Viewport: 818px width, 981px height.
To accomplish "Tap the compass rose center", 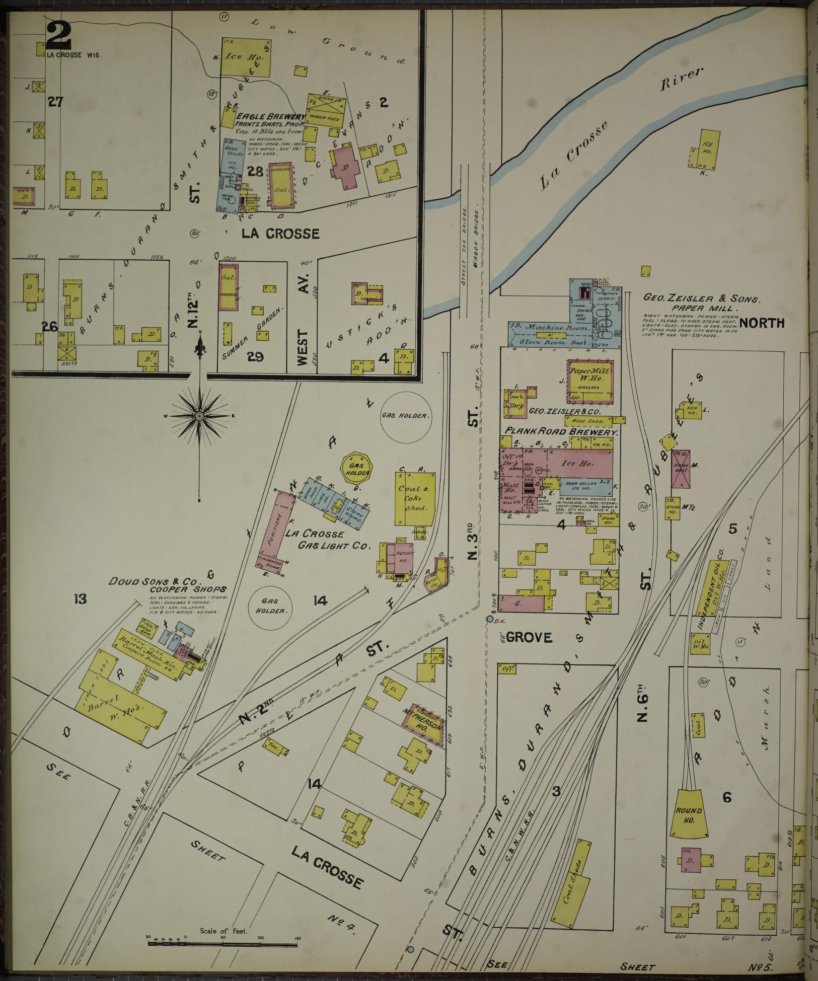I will (200, 416).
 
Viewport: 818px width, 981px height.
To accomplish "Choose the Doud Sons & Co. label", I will (167, 581).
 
